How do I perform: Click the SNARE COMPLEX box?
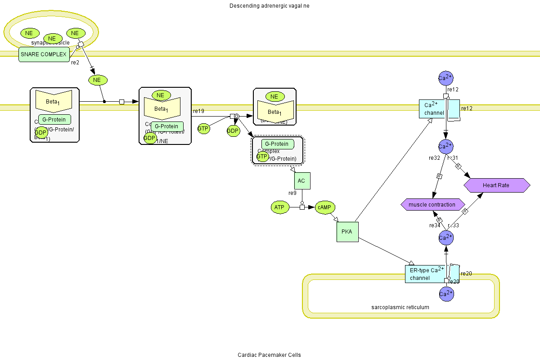[44, 54]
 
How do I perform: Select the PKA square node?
[347, 232]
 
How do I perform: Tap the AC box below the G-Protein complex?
[301, 181]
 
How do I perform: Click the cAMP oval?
[324, 207]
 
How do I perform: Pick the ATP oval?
[279, 207]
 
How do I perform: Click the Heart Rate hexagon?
[496, 185]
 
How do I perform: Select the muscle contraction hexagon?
[432, 205]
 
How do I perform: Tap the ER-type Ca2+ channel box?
[426, 274]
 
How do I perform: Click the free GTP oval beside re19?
[203, 129]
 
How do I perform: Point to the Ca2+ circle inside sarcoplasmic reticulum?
[445, 294]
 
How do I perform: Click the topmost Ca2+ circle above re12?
[445, 78]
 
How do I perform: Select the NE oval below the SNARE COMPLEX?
[97, 80]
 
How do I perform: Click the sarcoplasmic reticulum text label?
[400, 307]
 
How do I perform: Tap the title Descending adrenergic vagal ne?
[269, 6]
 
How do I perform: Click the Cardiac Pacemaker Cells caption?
[269, 355]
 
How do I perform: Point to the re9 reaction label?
[292, 193]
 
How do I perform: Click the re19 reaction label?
[198, 111]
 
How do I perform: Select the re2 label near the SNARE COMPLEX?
[75, 63]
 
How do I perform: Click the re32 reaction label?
[434, 158]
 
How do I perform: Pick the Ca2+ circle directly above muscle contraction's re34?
[445, 237]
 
